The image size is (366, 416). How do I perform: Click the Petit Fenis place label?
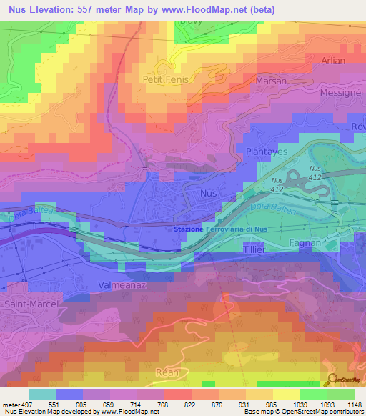coord(166,79)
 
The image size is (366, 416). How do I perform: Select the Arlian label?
coord(333,61)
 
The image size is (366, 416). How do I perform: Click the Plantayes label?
coord(266,152)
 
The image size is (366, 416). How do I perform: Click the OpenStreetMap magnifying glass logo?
coord(332,380)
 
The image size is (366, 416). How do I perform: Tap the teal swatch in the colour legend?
coord(42,394)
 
